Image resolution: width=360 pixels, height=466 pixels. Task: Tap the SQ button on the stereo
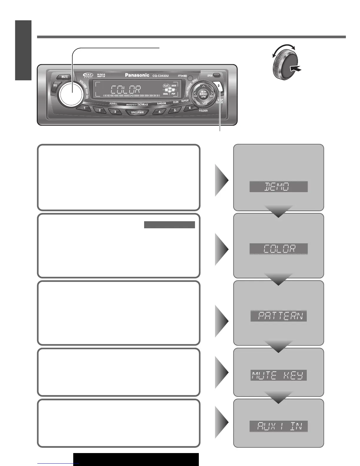tap(55, 85)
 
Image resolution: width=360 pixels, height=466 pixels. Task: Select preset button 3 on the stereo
tap(115, 112)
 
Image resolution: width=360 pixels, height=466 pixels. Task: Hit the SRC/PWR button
tap(137, 112)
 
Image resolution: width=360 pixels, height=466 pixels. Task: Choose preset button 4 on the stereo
tap(160, 112)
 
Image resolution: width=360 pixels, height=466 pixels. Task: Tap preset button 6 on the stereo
tap(190, 108)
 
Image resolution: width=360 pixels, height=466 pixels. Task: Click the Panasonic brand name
tap(137, 75)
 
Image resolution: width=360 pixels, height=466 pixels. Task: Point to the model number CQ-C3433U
tap(161, 76)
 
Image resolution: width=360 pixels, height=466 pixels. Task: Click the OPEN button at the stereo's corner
tap(217, 75)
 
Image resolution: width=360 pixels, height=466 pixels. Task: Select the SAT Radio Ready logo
tap(88, 75)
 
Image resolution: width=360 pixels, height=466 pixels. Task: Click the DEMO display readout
tap(278, 187)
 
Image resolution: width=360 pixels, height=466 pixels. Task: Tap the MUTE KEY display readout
tap(278, 375)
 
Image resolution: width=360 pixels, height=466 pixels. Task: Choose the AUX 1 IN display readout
tap(278, 426)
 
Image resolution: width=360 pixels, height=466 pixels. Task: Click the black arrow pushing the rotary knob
tap(296, 69)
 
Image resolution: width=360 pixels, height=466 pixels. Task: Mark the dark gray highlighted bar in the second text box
tap(169, 225)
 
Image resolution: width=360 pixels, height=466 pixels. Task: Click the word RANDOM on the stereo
tap(161, 104)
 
